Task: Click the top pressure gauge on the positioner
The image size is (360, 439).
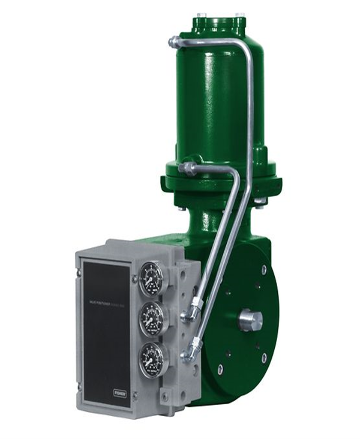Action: (151, 279)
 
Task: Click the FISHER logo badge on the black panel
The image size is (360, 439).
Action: (120, 393)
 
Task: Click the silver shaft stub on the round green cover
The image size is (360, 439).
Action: (250, 319)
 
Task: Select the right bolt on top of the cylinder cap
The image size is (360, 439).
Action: (240, 16)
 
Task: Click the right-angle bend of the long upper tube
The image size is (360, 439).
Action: (247, 46)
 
